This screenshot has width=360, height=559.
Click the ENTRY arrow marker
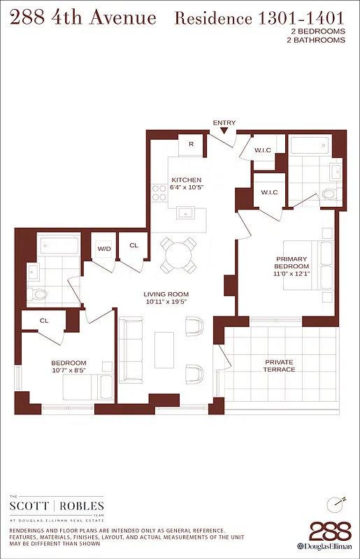point(224,131)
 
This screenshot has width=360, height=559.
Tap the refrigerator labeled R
point(191,145)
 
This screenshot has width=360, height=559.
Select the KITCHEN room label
point(186,180)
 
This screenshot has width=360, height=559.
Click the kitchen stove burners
point(159,192)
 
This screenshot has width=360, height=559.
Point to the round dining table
point(178,254)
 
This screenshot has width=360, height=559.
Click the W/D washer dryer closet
point(103,249)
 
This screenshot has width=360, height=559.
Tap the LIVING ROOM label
point(166,294)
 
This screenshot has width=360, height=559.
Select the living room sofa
point(131,349)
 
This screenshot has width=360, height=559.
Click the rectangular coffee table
point(164,349)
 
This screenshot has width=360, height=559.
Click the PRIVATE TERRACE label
point(278,365)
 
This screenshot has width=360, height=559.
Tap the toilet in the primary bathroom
point(329,194)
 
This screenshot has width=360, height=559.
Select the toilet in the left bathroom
point(39,294)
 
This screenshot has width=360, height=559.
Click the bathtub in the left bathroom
point(60,246)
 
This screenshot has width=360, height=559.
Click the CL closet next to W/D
point(134,246)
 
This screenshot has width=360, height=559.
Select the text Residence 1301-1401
point(259,19)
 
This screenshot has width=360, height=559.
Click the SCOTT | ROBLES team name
point(56,505)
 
